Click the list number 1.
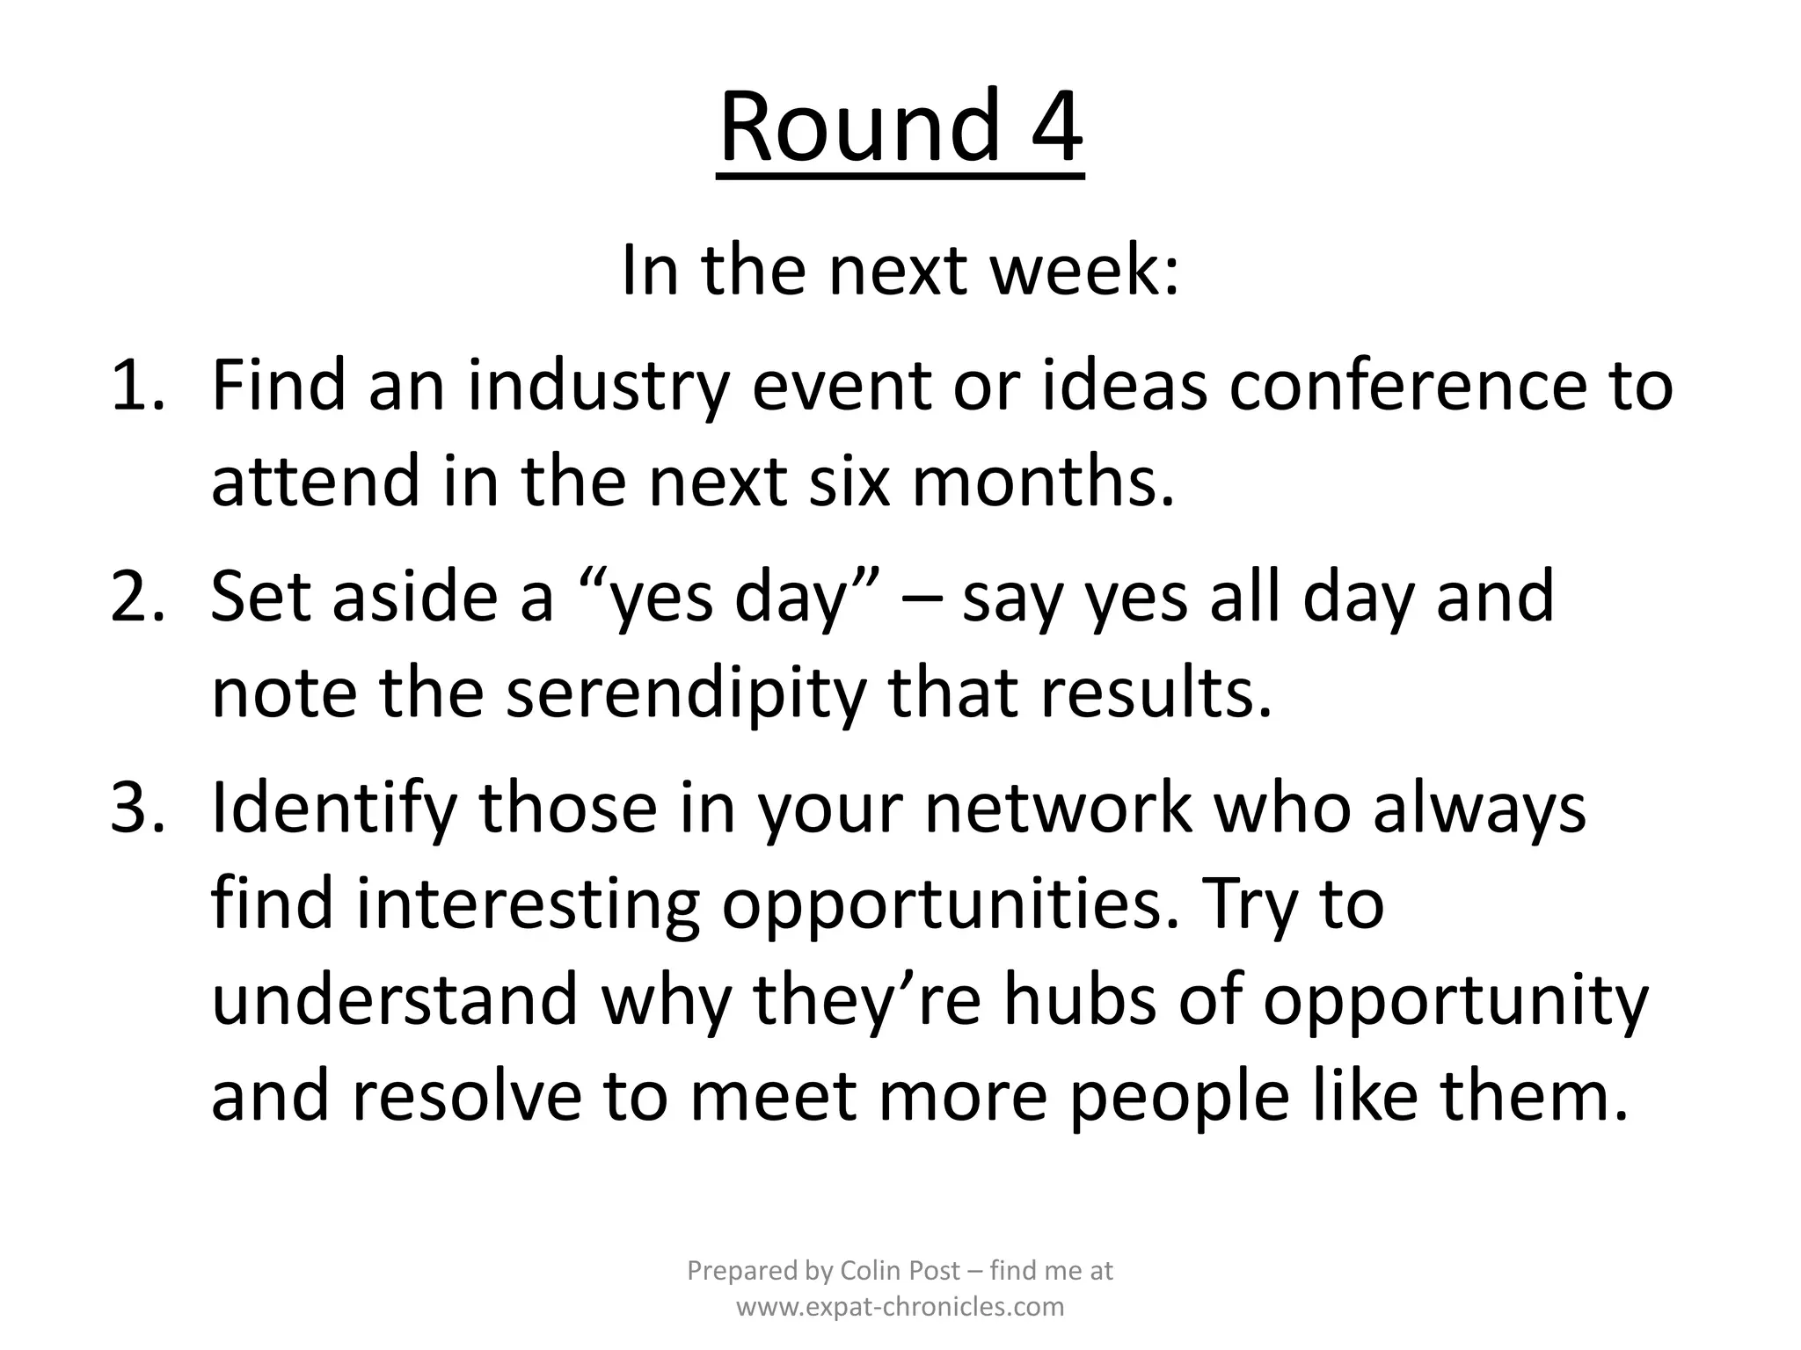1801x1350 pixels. click(x=137, y=387)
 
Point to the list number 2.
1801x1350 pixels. click(x=137, y=597)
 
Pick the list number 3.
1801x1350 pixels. click(x=137, y=808)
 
